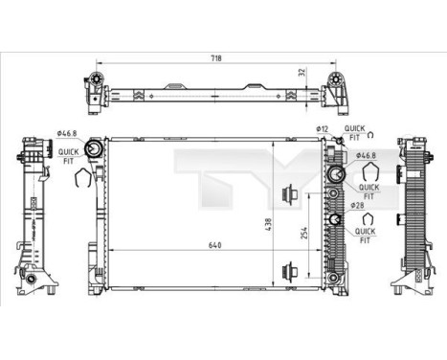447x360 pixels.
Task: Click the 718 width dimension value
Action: pyautogui.click(x=216, y=58)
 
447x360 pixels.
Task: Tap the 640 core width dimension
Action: pyautogui.click(x=215, y=245)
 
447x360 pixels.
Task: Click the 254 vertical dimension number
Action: pyautogui.click(x=303, y=233)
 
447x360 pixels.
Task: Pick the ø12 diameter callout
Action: pyautogui.click(x=323, y=129)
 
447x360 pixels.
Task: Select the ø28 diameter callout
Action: pyautogui.click(x=357, y=206)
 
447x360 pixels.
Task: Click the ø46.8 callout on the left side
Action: pyautogui.click(x=67, y=133)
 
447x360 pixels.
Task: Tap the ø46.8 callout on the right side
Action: pyautogui.click(x=367, y=155)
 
